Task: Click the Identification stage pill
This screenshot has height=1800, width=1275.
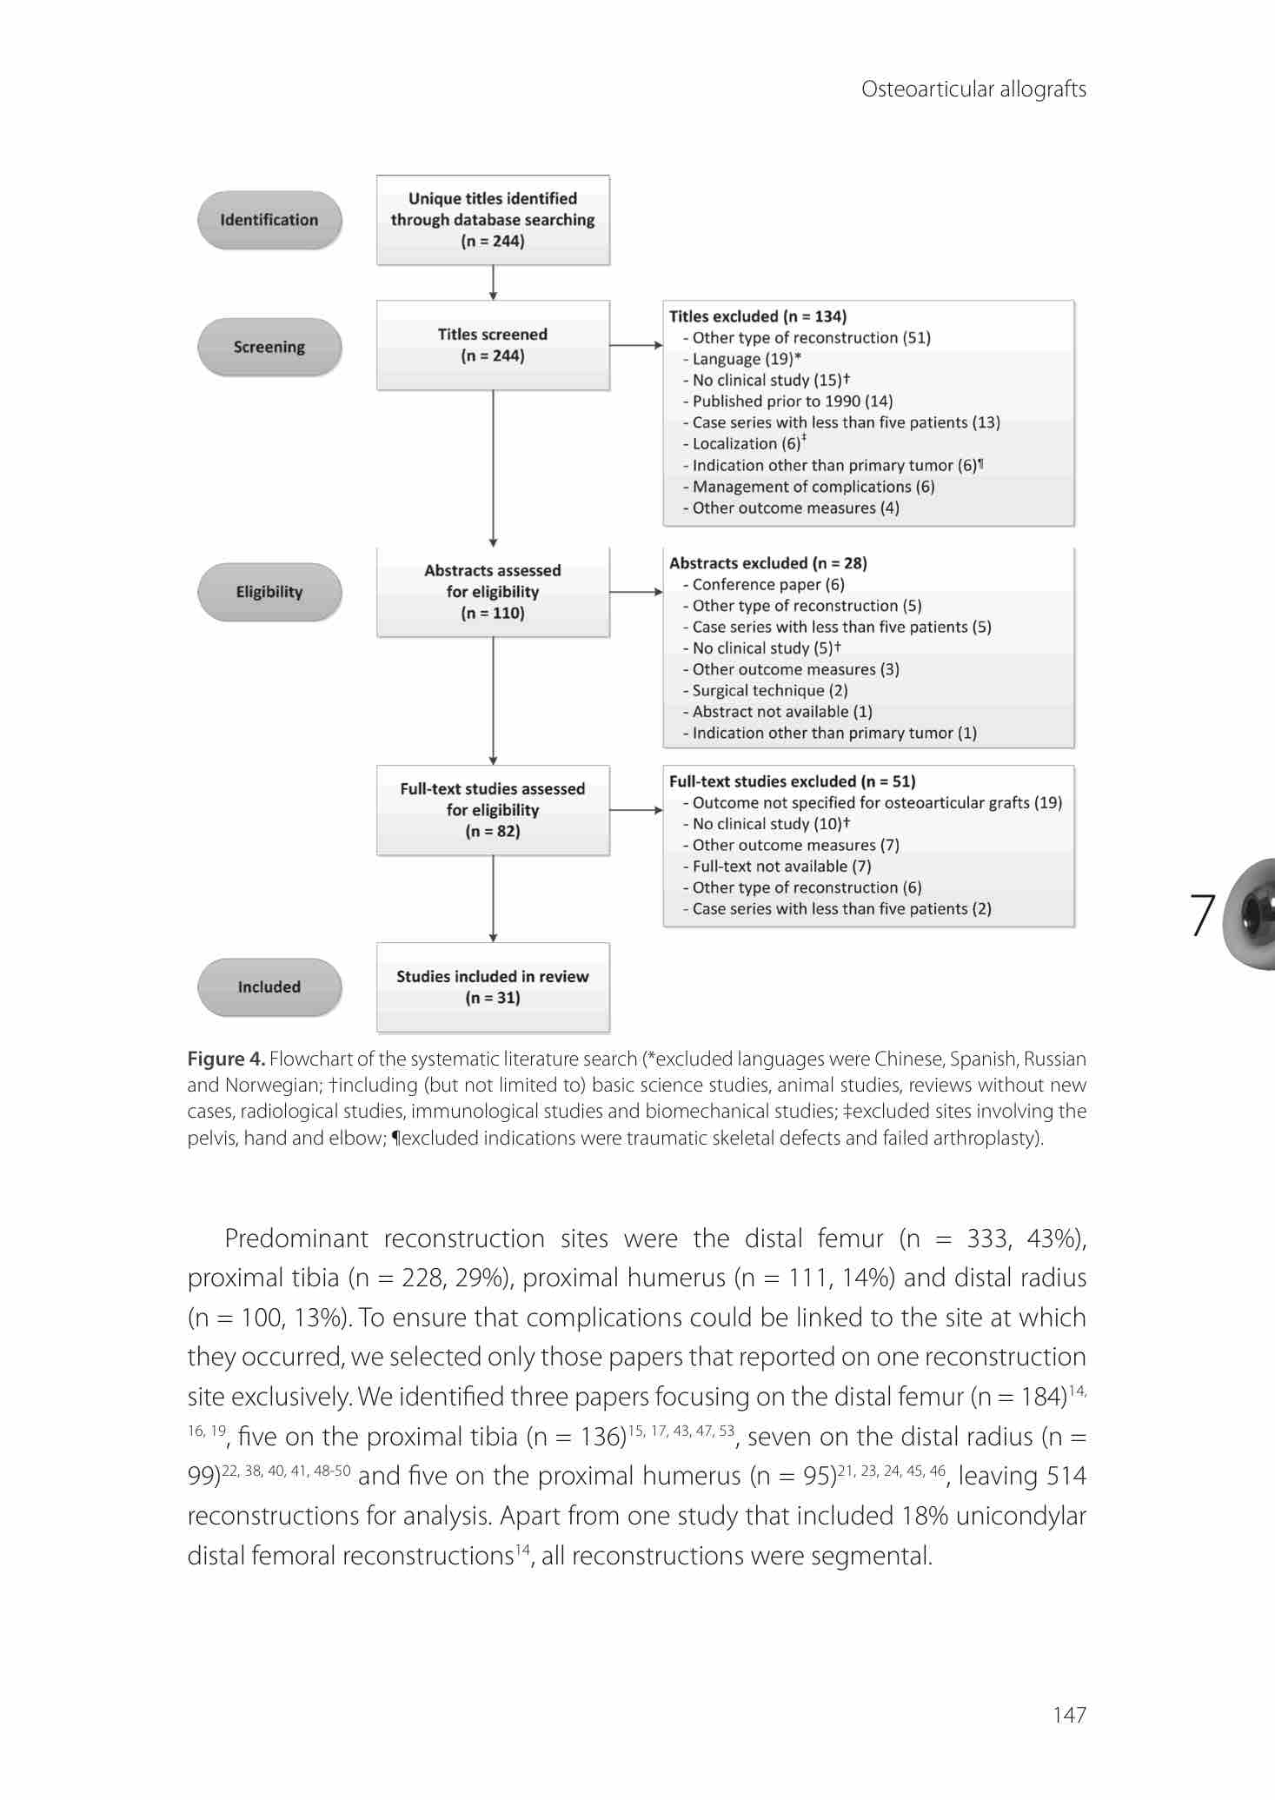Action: click(x=269, y=220)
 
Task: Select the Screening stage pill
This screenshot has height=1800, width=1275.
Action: click(x=269, y=347)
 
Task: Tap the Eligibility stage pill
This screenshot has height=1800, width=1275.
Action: click(x=269, y=592)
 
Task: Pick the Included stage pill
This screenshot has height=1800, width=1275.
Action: click(x=269, y=986)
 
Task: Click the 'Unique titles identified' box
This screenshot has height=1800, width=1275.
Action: click(x=493, y=220)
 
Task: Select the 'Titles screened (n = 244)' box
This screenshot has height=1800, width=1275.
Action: click(x=493, y=345)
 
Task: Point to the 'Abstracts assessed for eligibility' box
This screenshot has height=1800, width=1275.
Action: click(x=493, y=592)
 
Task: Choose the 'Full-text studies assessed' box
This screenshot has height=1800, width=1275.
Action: click(x=493, y=810)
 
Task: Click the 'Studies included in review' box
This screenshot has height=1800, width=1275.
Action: click(x=493, y=987)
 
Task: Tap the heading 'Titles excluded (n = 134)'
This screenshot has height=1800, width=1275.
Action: click(x=758, y=316)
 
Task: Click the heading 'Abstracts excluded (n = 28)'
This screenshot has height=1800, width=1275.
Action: click(x=768, y=563)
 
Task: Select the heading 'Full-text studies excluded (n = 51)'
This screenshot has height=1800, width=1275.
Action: click(x=793, y=781)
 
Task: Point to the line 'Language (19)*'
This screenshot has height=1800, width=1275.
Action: click(x=746, y=359)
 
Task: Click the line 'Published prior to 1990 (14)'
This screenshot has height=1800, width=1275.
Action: click(x=792, y=402)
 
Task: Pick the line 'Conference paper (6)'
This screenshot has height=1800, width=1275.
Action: click(x=767, y=585)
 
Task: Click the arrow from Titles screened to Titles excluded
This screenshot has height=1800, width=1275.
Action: click(x=636, y=345)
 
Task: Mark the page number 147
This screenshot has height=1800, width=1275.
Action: click(x=1069, y=1715)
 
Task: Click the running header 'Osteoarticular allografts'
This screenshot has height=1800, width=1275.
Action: click(x=973, y=90)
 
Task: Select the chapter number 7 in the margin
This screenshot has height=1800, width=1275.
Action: click(x=1202, y=914)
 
